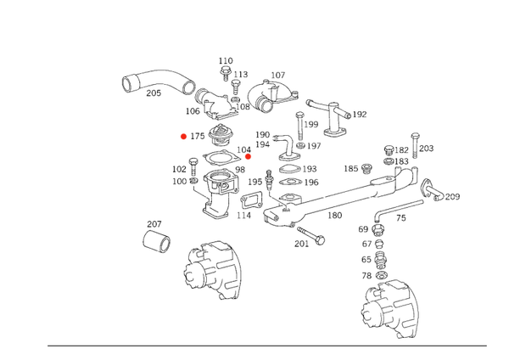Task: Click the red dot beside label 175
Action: pos(184,137)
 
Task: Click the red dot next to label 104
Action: pos(248,156)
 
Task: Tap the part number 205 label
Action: pos(154,93)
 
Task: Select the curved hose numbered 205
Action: pos(158,82)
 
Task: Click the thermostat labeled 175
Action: pos(220,135)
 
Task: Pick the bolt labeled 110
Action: pos(225,73)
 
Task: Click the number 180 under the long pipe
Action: pos(335,216)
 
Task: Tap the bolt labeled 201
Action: pos(311,235)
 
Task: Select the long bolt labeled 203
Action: pos(415,145)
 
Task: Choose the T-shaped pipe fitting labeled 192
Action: pos(331,118)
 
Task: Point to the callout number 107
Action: pos(278,76)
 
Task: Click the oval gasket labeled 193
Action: pos(290,169)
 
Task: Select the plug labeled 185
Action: pos(366,169)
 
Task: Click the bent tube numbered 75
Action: pos(398,210)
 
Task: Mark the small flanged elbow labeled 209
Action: pos(432,189)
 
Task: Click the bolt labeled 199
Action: pos(300,126)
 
